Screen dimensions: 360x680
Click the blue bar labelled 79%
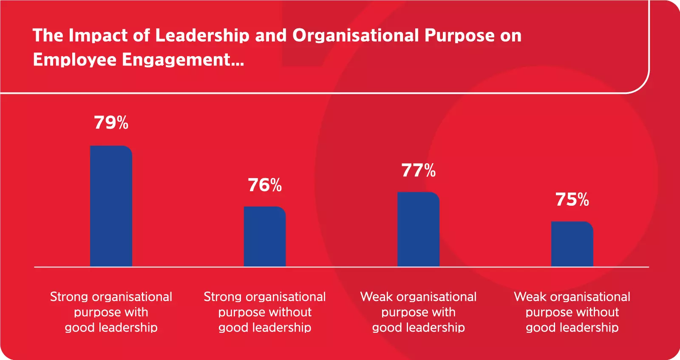[111, 206]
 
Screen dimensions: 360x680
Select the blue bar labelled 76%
[264, 236]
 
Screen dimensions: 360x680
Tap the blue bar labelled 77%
[418, 229]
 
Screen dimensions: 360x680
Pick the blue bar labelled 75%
[572, 244]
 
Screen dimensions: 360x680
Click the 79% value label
[111, 123]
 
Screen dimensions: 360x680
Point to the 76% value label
[265, 185]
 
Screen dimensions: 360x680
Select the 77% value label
[419, 171]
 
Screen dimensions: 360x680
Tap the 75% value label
[572, 200]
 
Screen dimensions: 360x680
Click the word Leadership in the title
[202, 36]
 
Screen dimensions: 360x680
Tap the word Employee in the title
[74, 60]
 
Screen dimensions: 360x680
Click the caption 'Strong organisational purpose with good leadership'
[111, 312]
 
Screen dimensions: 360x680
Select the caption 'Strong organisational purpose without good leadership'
[265, 312]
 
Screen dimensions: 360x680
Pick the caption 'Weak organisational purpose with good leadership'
[419, 312]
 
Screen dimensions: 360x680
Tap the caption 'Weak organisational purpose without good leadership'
[572, 312]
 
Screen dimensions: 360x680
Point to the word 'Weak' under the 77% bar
[377, 297]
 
